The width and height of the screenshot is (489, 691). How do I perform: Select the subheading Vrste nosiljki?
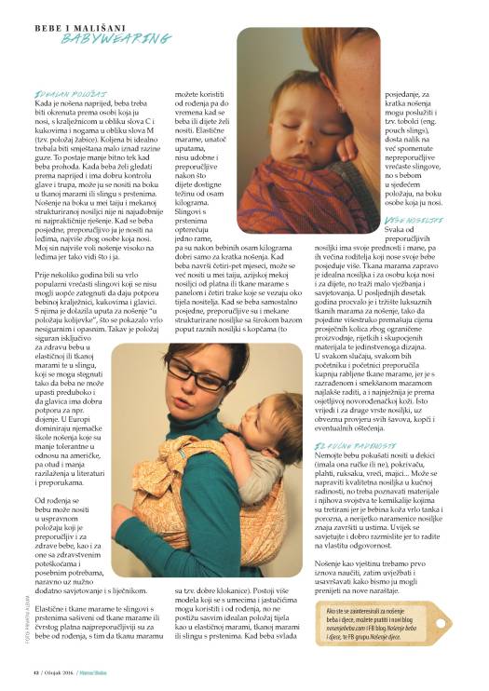point(404,217)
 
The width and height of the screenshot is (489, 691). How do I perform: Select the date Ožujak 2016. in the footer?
point(70,675)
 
